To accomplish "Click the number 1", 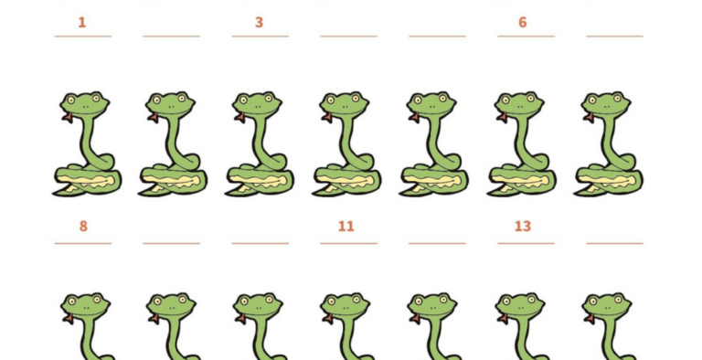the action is coord(82,23).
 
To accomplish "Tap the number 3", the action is coord(259,23).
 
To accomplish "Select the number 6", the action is coord(523,23).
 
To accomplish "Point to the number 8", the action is coord(83,226).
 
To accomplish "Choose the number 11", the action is coord(346,226).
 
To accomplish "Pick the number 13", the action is coord(523,226).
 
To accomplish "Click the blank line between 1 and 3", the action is coord(172,37).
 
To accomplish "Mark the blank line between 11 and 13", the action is coord(438,244).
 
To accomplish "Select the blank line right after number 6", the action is coord(614,37).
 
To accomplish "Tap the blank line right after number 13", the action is coord(614,244).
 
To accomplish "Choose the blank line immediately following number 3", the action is coord(349,37).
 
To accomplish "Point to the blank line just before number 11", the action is coord(261,244).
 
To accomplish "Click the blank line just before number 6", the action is coord(438,37).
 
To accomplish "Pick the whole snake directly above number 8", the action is coord(87,143).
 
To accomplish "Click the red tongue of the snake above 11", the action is coord(326,118).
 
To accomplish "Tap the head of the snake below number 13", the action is coord(520,306).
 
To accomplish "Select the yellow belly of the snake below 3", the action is coord(260,181).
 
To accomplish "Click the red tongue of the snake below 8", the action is coord(68,318).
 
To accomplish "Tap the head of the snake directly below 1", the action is coord(84,105).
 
